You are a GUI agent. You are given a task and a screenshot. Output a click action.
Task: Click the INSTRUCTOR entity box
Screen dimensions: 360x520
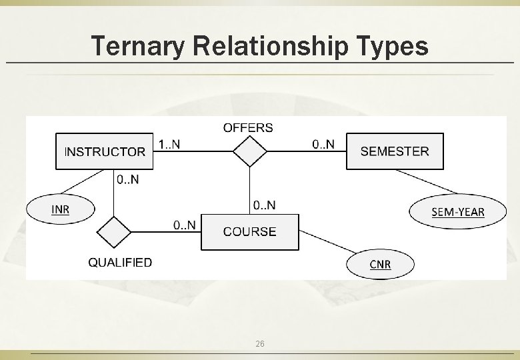[x=104, y=151]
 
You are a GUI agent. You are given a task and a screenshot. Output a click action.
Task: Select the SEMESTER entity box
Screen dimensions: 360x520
[x=395, y=151]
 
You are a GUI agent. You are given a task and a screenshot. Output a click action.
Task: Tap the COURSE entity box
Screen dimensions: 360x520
[x=250, y=231]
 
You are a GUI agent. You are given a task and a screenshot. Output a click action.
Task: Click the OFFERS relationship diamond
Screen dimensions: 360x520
[x=250, y=151]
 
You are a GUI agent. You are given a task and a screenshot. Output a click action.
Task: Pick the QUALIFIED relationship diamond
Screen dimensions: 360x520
[x=114, y=233]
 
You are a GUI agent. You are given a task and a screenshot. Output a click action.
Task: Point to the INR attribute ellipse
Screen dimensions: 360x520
[x=61, y=209]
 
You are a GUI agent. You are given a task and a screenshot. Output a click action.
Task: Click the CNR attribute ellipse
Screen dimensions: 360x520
[x=380, y=265]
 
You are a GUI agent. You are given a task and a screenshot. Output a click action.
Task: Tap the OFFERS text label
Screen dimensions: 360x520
[x=248, y=127]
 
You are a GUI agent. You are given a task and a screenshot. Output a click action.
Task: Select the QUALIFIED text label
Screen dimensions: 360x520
[x=120, y=263]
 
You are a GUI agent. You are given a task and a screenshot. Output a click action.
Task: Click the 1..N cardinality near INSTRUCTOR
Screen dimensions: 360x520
[x=169, y=144]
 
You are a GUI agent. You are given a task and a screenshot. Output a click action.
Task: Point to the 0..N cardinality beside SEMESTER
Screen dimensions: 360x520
[x=323, y=144]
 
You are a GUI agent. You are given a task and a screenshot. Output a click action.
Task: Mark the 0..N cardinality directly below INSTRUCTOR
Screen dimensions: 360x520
[x=127, y=179]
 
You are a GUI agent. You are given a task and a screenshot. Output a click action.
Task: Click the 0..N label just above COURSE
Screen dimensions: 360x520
[x=264, y=205]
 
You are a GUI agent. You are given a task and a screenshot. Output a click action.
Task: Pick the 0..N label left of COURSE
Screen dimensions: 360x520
[x=185, y=225]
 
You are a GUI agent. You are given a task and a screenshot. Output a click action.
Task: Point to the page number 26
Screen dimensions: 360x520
[x=260, y=343]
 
